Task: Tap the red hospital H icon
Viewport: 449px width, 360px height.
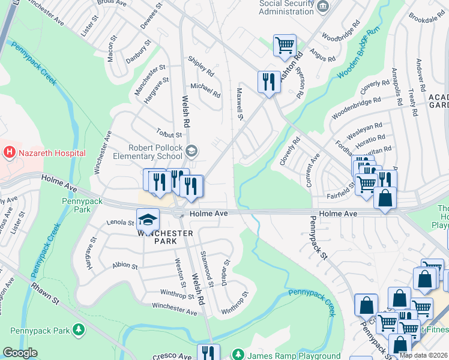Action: (9, 153)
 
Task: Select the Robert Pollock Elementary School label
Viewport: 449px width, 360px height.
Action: (155, 152)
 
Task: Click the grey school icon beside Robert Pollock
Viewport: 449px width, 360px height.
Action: (191, 151)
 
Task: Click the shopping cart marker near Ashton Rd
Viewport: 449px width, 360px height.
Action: (285, 45)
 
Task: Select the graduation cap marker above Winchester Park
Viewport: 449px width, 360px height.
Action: (148, 220)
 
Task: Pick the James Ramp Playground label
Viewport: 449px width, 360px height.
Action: (293, 355)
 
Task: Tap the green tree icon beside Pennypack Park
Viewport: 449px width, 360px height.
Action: (78, 329)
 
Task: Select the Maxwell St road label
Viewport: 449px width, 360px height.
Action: (240, 103)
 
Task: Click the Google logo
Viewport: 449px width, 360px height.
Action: (20, 353)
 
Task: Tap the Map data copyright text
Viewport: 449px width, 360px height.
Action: (423, 355)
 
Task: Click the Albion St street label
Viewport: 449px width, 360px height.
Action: (124, 266)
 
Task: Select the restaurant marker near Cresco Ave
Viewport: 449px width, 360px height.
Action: (208, 353)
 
